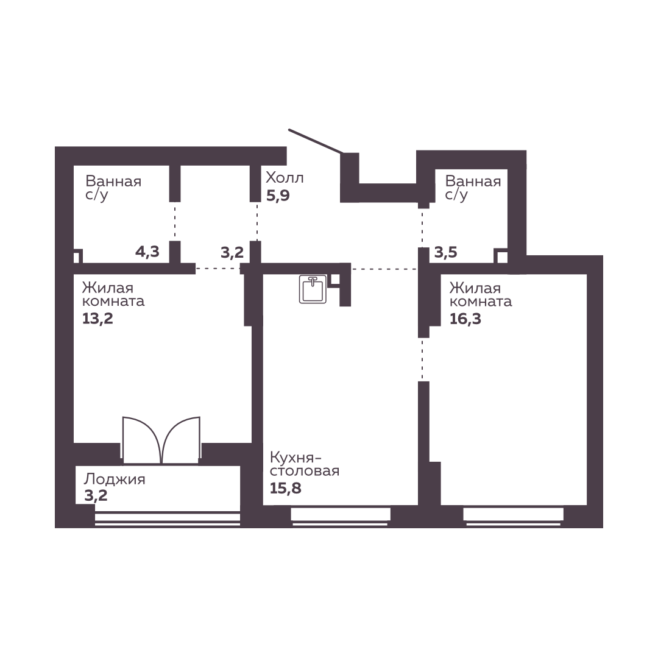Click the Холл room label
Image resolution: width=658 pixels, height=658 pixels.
285,178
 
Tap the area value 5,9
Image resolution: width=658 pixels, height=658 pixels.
278,196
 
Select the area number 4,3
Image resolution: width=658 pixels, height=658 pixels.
147,252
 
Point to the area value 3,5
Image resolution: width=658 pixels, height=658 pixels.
445,252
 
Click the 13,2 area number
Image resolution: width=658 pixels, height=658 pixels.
97,319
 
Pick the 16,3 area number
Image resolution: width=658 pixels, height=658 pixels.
465,319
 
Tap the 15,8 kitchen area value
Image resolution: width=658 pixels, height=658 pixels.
285,489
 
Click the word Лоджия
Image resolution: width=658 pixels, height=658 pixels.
115,479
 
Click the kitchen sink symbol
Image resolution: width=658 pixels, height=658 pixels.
313,289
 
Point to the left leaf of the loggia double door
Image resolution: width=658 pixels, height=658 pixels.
141,440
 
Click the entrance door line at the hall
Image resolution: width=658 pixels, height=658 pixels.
316,141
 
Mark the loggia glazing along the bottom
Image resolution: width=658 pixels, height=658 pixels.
168,518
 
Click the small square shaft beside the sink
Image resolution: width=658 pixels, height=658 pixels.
335,280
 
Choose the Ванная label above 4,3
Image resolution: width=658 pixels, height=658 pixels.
113,182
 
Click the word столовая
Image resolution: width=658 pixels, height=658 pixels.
305,471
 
